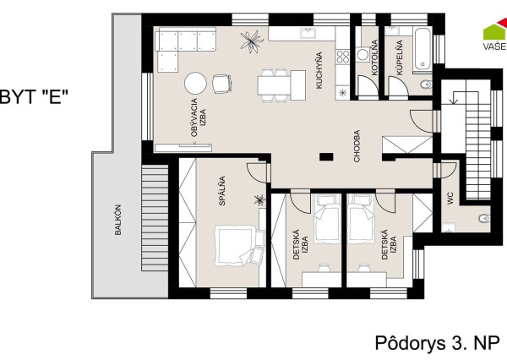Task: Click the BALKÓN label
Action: point(118,220)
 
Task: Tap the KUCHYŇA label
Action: point(319,70)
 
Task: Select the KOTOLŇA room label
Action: point(374,57)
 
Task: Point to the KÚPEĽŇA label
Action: point(400,57)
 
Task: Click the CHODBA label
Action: point(357,146)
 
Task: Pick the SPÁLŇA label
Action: point(222,191)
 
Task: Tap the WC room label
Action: point(450,199)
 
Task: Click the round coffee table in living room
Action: point(195,83)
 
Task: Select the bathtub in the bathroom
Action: point(422,49)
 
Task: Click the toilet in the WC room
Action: point(484,218)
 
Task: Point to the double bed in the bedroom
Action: point(238,246)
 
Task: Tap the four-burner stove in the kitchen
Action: point(343,57)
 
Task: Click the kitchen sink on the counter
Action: point(308,33)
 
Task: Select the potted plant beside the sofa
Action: point(252,41)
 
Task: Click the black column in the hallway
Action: point(326,157)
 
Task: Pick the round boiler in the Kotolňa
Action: point(363,55)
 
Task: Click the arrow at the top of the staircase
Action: point(454,98)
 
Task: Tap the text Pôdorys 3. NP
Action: point(437,343)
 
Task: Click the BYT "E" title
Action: point(34,96)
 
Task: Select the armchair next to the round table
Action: point(221,84)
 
